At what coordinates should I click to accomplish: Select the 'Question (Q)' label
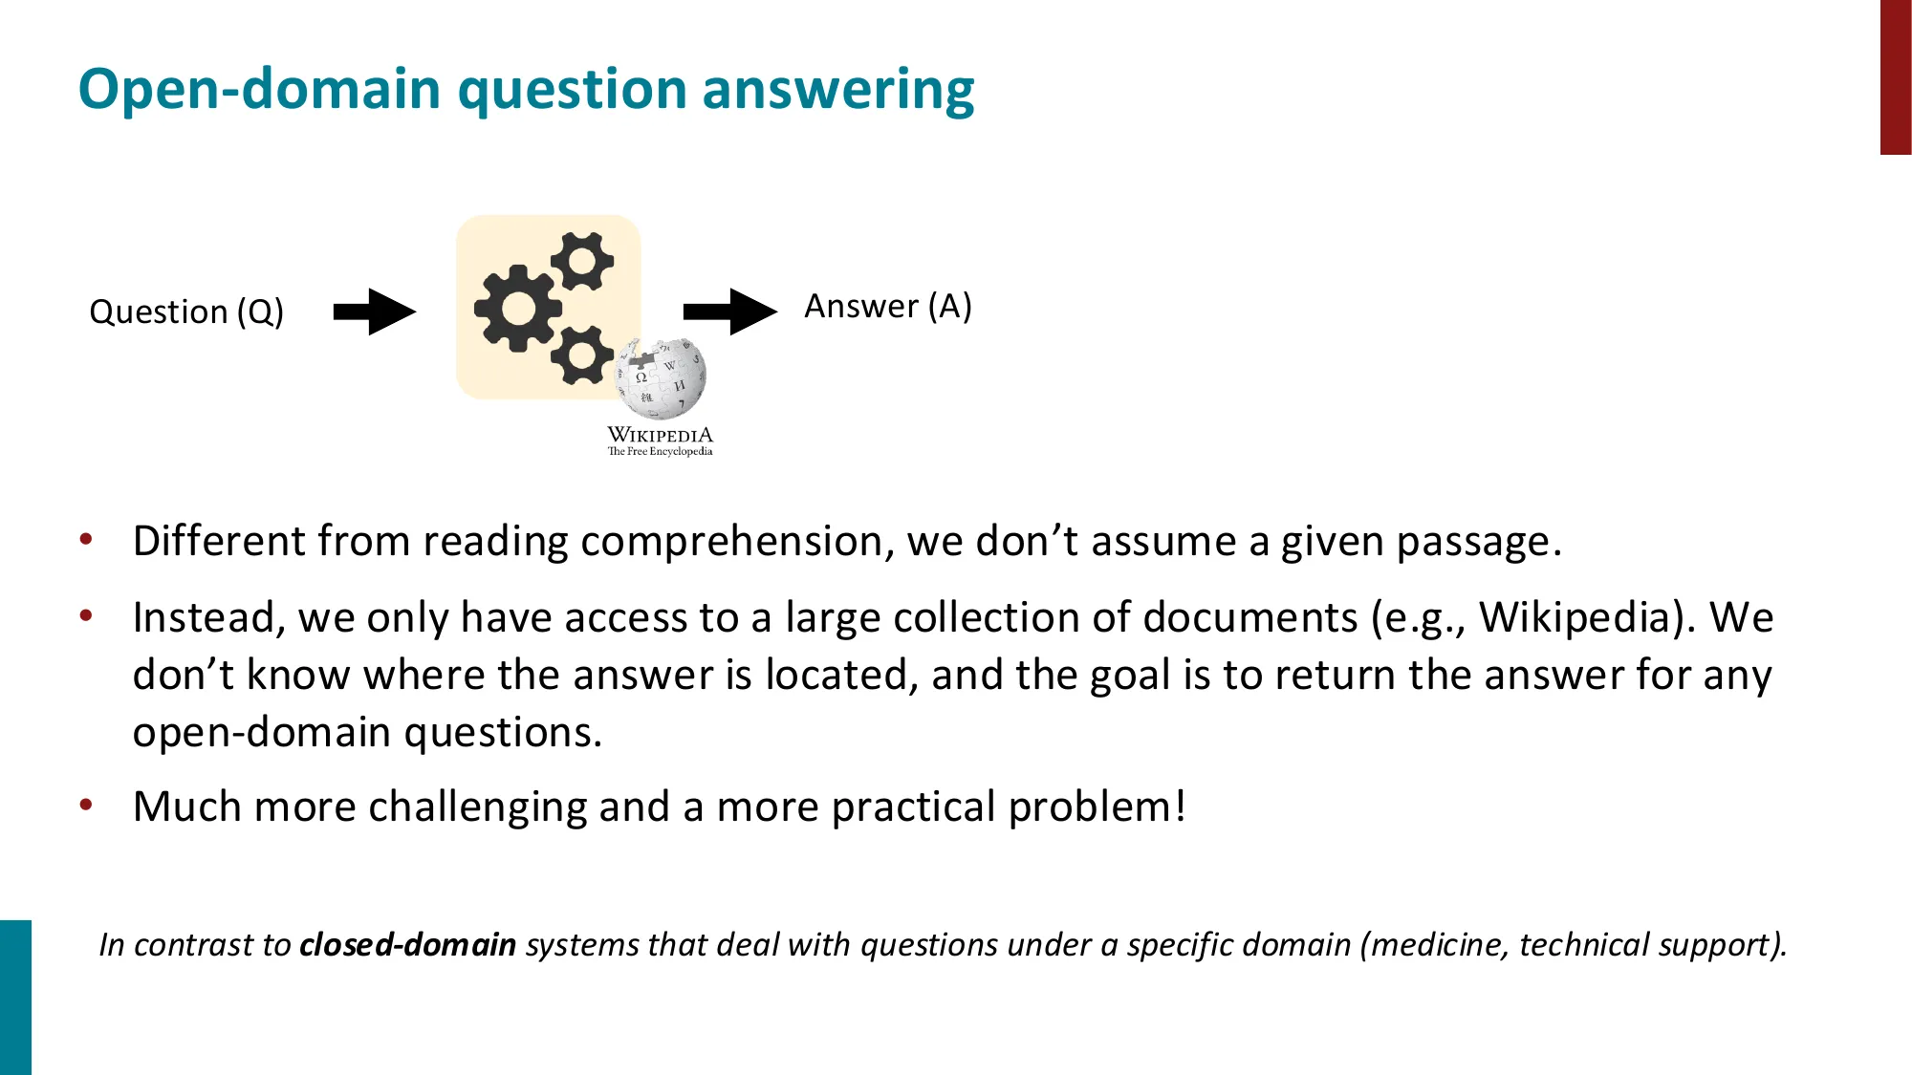(186, 312)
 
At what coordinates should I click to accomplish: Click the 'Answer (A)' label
(887, 307)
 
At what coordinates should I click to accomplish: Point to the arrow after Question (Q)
(375, 312)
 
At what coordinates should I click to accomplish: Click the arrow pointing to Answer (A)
(729, 312)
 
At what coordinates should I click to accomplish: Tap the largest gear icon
(517, 308)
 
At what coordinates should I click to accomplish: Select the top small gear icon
(582, 260)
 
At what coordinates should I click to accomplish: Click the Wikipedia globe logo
(662, 378)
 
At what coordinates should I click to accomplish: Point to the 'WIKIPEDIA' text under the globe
(660, 435)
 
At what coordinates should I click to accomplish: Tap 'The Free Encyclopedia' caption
(660, 451)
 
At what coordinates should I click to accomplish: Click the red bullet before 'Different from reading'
(86, 540)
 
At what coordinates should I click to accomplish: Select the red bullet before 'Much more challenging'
(86, 806)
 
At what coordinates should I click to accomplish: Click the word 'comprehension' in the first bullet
(730, 542)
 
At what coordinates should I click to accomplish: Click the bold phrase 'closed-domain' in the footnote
(407, 945)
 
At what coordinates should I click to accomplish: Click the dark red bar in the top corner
(1895, 76)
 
